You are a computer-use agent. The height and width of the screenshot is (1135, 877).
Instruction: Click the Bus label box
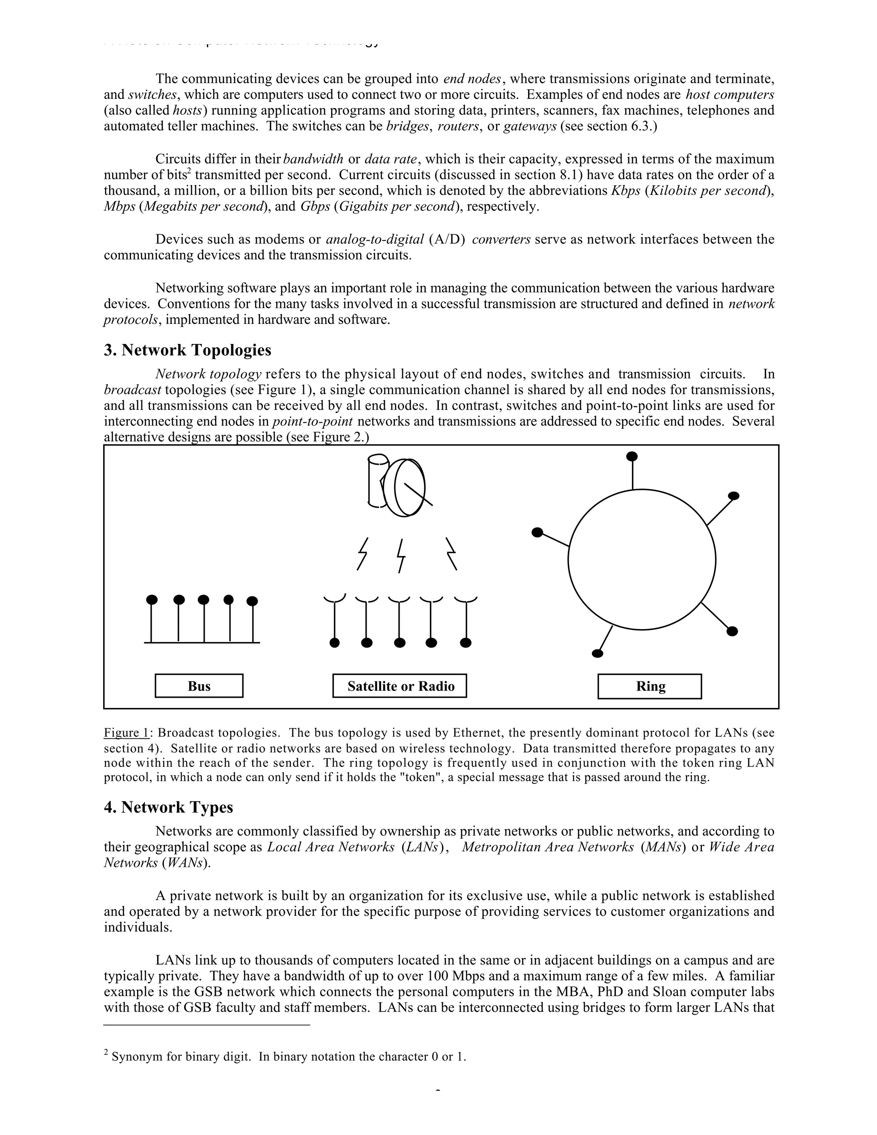coord(199,686)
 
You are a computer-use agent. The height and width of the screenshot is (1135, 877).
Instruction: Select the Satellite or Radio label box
coord(400,686)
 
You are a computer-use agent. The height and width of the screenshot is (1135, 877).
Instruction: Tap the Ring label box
coord(650,687)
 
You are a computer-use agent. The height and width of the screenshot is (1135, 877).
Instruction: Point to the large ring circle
coord(641,560)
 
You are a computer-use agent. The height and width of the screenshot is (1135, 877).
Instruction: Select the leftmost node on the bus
coord(152,600)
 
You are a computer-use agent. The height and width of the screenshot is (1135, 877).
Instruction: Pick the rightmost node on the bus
coord(252,601)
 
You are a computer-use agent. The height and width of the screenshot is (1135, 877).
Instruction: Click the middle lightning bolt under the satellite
coord(400,555)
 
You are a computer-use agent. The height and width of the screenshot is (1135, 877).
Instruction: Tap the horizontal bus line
coord(202,643)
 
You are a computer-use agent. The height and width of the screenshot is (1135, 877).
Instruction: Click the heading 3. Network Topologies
coord(188,350)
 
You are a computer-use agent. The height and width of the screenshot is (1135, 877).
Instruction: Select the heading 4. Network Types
coord(168,807)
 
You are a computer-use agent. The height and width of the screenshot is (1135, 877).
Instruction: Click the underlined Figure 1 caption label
coord(126,733)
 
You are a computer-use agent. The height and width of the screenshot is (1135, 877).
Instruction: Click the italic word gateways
coord(530,126)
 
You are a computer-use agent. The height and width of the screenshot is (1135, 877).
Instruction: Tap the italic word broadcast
coord(132,390)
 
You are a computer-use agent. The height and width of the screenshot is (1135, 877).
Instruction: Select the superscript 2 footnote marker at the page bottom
coord(106,1052)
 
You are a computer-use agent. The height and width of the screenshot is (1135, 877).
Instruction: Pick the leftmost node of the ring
coord(538,532)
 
